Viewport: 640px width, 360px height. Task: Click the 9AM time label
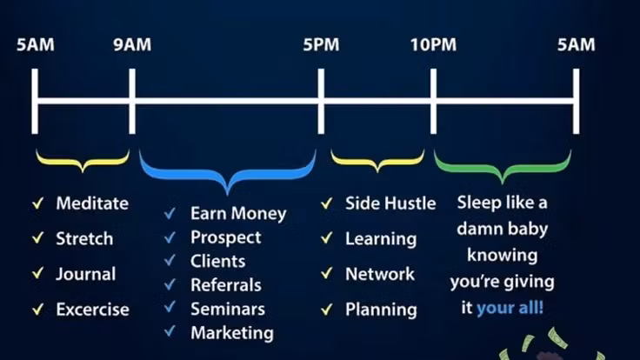point(131,45)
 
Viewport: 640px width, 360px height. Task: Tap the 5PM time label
point(321,45)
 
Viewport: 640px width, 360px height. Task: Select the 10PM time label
point(433,45)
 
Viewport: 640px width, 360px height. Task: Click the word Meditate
point(92,203)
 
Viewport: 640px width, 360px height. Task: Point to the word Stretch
point(84,238)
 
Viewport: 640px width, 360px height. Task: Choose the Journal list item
point(85,273)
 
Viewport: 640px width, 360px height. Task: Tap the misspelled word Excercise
point(92,309)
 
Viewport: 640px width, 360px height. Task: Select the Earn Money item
point(238,213)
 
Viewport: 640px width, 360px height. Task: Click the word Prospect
point(225,237)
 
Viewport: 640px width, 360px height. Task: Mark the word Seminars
point(228,308)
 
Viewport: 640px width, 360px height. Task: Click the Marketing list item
point(232,332)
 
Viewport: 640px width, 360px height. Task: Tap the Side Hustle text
point(390,203)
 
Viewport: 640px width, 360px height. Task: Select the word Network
point(380,273)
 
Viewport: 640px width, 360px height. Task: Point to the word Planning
point(381,309)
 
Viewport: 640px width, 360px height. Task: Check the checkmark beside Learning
point(326,238)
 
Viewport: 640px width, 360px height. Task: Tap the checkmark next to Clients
point(170,260)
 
